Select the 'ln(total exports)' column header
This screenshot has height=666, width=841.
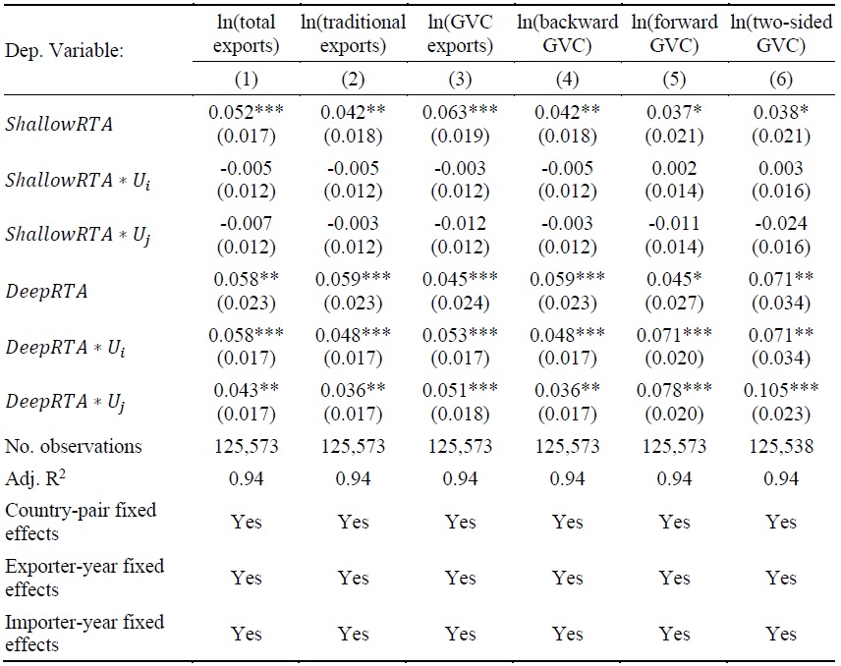pyautogui.click(x=246, y=33)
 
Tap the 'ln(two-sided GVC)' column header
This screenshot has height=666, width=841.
pyautogui.click(x=781, y=33)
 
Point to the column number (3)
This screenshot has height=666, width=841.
pyautogui.click(x=460, y=80)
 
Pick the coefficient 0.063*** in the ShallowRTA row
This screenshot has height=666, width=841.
pyautogui.click(x=460, y=113)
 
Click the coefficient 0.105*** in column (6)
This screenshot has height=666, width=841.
pyautogui.click(x=781, y=392)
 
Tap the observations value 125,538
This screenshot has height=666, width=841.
pyautogui.click(x=781, y=446)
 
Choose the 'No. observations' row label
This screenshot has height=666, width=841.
pyautogui.click(x=74, y=446)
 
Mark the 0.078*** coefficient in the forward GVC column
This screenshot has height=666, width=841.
pyautogui.click(x=674, y=392)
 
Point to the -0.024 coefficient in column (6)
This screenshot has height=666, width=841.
pyautogui.click(x=781, y=224)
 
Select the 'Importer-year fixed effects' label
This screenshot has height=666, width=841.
pyautogui.click(x=84, y=633)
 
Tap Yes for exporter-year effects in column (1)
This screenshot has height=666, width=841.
pyautogui.click(x=247, y=578)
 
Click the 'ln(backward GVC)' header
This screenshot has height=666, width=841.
pyautogui.click(x=567, y=33)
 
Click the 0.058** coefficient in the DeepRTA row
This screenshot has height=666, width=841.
pyautogui.click(x=246, y=280)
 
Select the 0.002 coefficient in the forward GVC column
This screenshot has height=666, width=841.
pyautogui.click(x=674, y=168)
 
